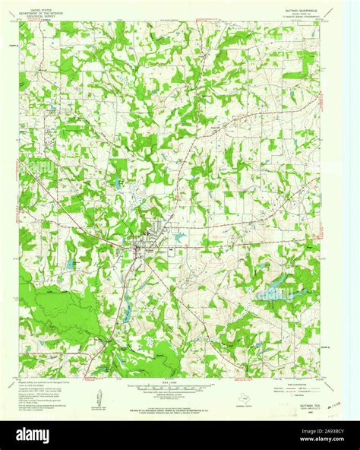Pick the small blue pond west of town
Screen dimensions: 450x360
[70, 264]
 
